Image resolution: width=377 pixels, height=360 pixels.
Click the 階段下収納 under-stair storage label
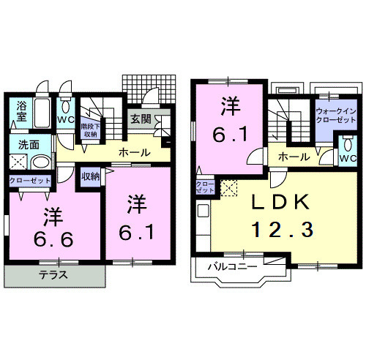point(92,130)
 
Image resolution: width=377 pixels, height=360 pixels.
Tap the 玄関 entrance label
point(141,119)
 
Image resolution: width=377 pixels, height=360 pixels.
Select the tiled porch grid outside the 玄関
point(150,89)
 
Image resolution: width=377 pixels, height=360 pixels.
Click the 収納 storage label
point(90,177)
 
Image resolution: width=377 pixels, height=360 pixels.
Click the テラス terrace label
point(53,276)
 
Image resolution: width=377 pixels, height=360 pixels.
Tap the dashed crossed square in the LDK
point(229,188)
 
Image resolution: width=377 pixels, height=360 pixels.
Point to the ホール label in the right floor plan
point(293,157)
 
